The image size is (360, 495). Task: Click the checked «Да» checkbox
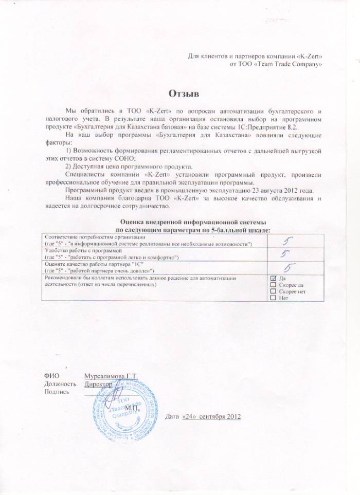[x=273, y=278]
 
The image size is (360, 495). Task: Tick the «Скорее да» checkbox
[x=273, y=284]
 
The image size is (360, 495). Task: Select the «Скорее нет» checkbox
[x=273, y=291]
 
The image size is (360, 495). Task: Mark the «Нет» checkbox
[x=273, y=298]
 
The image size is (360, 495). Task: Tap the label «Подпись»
[x=57, y=392]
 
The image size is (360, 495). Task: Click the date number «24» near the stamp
[x=186, y=415]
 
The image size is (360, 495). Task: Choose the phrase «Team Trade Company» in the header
[x=293, y=64]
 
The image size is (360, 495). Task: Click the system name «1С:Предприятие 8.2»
[x=274, y=126]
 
